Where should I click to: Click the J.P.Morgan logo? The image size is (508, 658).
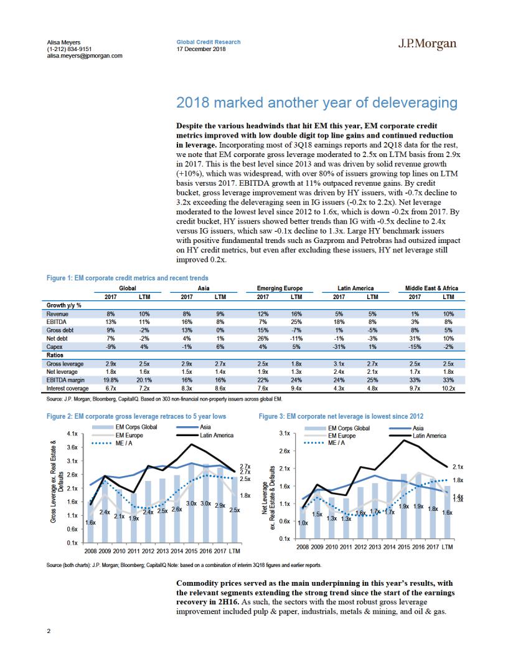point(427,44)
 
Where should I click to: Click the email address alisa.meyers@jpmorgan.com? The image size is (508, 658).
point(84,55)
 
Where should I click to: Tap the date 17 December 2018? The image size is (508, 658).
point(201,49)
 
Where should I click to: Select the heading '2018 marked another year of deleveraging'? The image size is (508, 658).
point(316,102)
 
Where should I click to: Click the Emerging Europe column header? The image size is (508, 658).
point(280,288)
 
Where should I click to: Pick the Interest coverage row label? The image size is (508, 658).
point(67,388)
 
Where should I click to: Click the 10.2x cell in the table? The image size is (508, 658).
point(448,388)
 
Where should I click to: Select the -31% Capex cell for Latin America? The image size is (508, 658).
point(339,346)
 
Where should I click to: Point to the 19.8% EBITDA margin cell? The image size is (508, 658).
point(110,379)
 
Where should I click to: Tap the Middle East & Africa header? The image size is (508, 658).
point(431,288)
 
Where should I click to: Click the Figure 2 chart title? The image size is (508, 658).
point(136,416)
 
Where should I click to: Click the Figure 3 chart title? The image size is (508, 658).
point(341,416)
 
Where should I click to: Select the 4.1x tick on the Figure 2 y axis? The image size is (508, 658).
point(72,434)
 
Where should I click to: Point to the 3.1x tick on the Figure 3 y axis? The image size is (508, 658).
point(285,432)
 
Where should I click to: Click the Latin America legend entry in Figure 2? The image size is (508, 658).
point(205,435)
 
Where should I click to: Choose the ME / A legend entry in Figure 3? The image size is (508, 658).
point(324,443)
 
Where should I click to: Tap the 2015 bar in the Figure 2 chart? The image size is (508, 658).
point(192,503)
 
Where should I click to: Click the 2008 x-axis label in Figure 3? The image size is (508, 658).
point(303,547)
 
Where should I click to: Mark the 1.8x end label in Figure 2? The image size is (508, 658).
point(245,495)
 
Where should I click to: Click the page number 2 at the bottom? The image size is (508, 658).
point(49,631)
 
